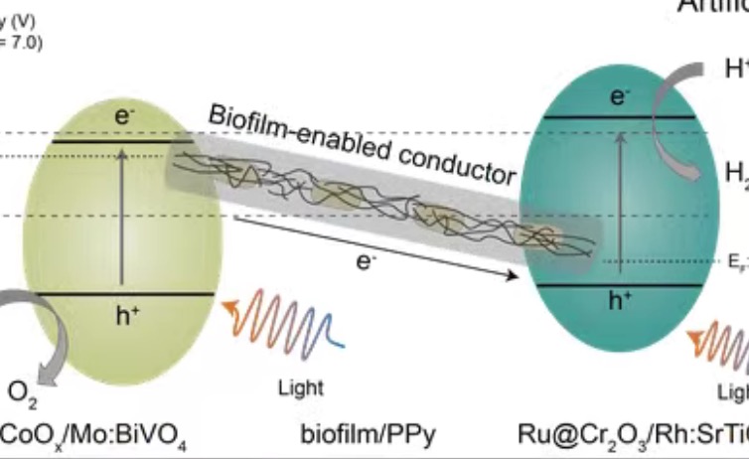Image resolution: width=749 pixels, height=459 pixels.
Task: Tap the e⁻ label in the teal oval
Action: [x=620, y=95]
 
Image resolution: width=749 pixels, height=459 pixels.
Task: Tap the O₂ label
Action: [x=21, y=394]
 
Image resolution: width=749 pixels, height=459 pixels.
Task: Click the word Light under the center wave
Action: [x=301, y=388]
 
